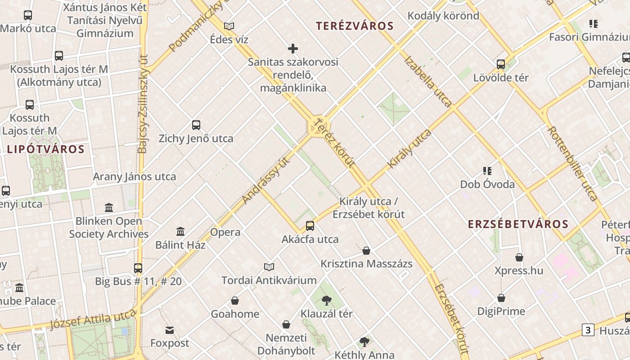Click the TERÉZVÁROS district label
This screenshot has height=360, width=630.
355,26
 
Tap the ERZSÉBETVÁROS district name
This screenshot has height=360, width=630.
518,224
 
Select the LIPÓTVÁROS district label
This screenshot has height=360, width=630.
45,149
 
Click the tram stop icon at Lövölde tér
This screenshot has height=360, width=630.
501,64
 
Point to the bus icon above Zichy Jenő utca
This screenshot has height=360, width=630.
196,125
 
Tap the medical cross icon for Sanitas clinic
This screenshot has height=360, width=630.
293,49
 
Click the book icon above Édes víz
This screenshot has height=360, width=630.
229,26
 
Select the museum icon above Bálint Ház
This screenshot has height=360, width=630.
180,231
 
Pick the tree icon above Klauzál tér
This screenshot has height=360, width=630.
327,300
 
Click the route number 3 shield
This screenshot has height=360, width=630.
588,330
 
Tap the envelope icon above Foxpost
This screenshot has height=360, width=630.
170,330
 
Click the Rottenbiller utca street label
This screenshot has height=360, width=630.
572,163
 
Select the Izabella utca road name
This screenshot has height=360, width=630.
428,81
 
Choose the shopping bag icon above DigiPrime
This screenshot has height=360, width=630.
501,298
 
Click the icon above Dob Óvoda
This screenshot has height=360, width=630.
487,171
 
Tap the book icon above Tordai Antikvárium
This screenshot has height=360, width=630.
269,267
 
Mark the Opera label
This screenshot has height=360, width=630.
225,233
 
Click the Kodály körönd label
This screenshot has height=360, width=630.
443,16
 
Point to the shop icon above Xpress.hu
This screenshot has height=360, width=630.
519,257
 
